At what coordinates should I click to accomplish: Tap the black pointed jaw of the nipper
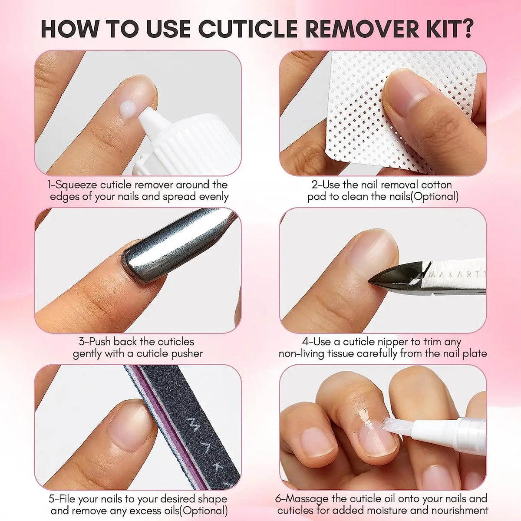(393, 278)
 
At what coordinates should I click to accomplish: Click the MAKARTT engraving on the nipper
(456, 274)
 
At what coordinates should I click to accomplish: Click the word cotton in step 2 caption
(430, 185)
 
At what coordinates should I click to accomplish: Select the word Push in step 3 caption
(100, 342)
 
